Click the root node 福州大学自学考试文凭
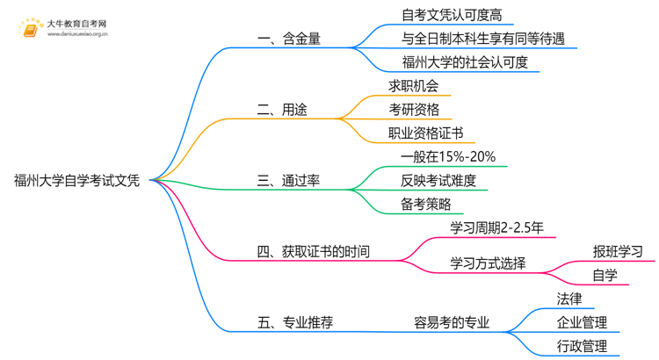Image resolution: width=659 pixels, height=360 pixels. (76, 181)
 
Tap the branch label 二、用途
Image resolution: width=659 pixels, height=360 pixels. (282, 110)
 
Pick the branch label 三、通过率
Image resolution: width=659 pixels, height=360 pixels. (288, 181)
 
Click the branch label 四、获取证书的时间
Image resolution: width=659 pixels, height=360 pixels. (313, 252)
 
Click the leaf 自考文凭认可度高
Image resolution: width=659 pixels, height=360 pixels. (445, 15)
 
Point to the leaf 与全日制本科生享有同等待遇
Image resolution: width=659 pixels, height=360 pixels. (482, 39)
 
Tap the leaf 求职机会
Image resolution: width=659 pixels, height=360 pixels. (413, 86)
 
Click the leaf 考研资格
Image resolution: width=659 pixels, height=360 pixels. (413, 110)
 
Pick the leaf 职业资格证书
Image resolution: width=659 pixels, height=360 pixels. (425, 133)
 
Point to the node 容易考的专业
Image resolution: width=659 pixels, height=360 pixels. (452, 322)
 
